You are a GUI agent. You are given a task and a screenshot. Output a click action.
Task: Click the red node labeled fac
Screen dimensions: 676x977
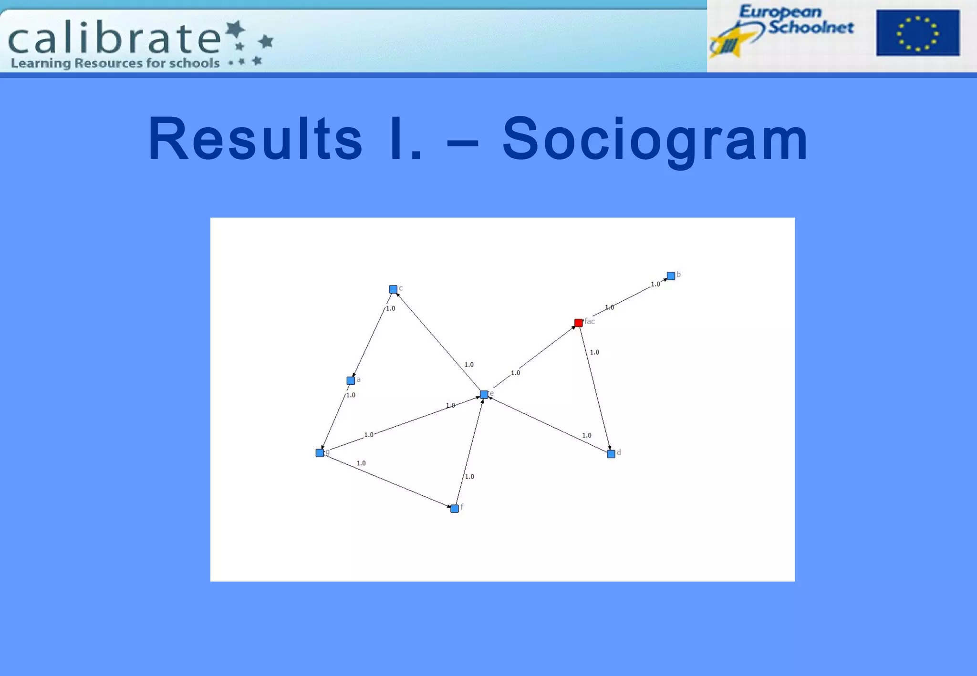[578, 323]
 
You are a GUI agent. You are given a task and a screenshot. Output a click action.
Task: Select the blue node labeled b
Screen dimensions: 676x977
[671, 276]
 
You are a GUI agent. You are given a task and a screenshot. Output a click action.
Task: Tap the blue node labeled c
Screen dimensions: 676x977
[393, 289]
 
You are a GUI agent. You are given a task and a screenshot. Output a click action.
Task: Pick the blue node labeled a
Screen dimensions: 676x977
[351, 380]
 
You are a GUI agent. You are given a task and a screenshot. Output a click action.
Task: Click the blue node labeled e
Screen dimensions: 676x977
[484, 394]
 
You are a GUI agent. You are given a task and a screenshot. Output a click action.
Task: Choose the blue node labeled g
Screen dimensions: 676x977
[320, 453]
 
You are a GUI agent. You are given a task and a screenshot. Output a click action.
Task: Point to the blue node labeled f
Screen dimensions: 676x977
[455, 509]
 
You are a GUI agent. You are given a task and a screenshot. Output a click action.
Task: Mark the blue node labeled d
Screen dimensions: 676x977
[611, 454]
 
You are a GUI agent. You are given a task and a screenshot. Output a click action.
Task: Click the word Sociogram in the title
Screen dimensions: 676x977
[655, 139]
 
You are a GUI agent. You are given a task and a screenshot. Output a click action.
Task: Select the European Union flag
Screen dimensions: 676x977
[917, 33]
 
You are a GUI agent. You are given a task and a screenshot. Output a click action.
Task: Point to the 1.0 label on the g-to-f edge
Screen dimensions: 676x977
[361, 463]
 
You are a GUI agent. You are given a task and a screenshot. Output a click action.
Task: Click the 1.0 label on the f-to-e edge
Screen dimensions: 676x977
[469, 476]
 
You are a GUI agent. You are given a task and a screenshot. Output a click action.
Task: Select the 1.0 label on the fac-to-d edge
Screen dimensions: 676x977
[594, 352]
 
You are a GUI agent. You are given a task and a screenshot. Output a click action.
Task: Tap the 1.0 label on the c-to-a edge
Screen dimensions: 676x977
[390, 308]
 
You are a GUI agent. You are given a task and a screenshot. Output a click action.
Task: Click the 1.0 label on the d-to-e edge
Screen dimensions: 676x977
[587, 435]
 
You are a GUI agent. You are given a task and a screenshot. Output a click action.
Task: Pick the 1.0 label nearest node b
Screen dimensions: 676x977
[655, 284]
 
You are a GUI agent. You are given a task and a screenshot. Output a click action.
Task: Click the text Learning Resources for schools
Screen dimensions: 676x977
[115, 63]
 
